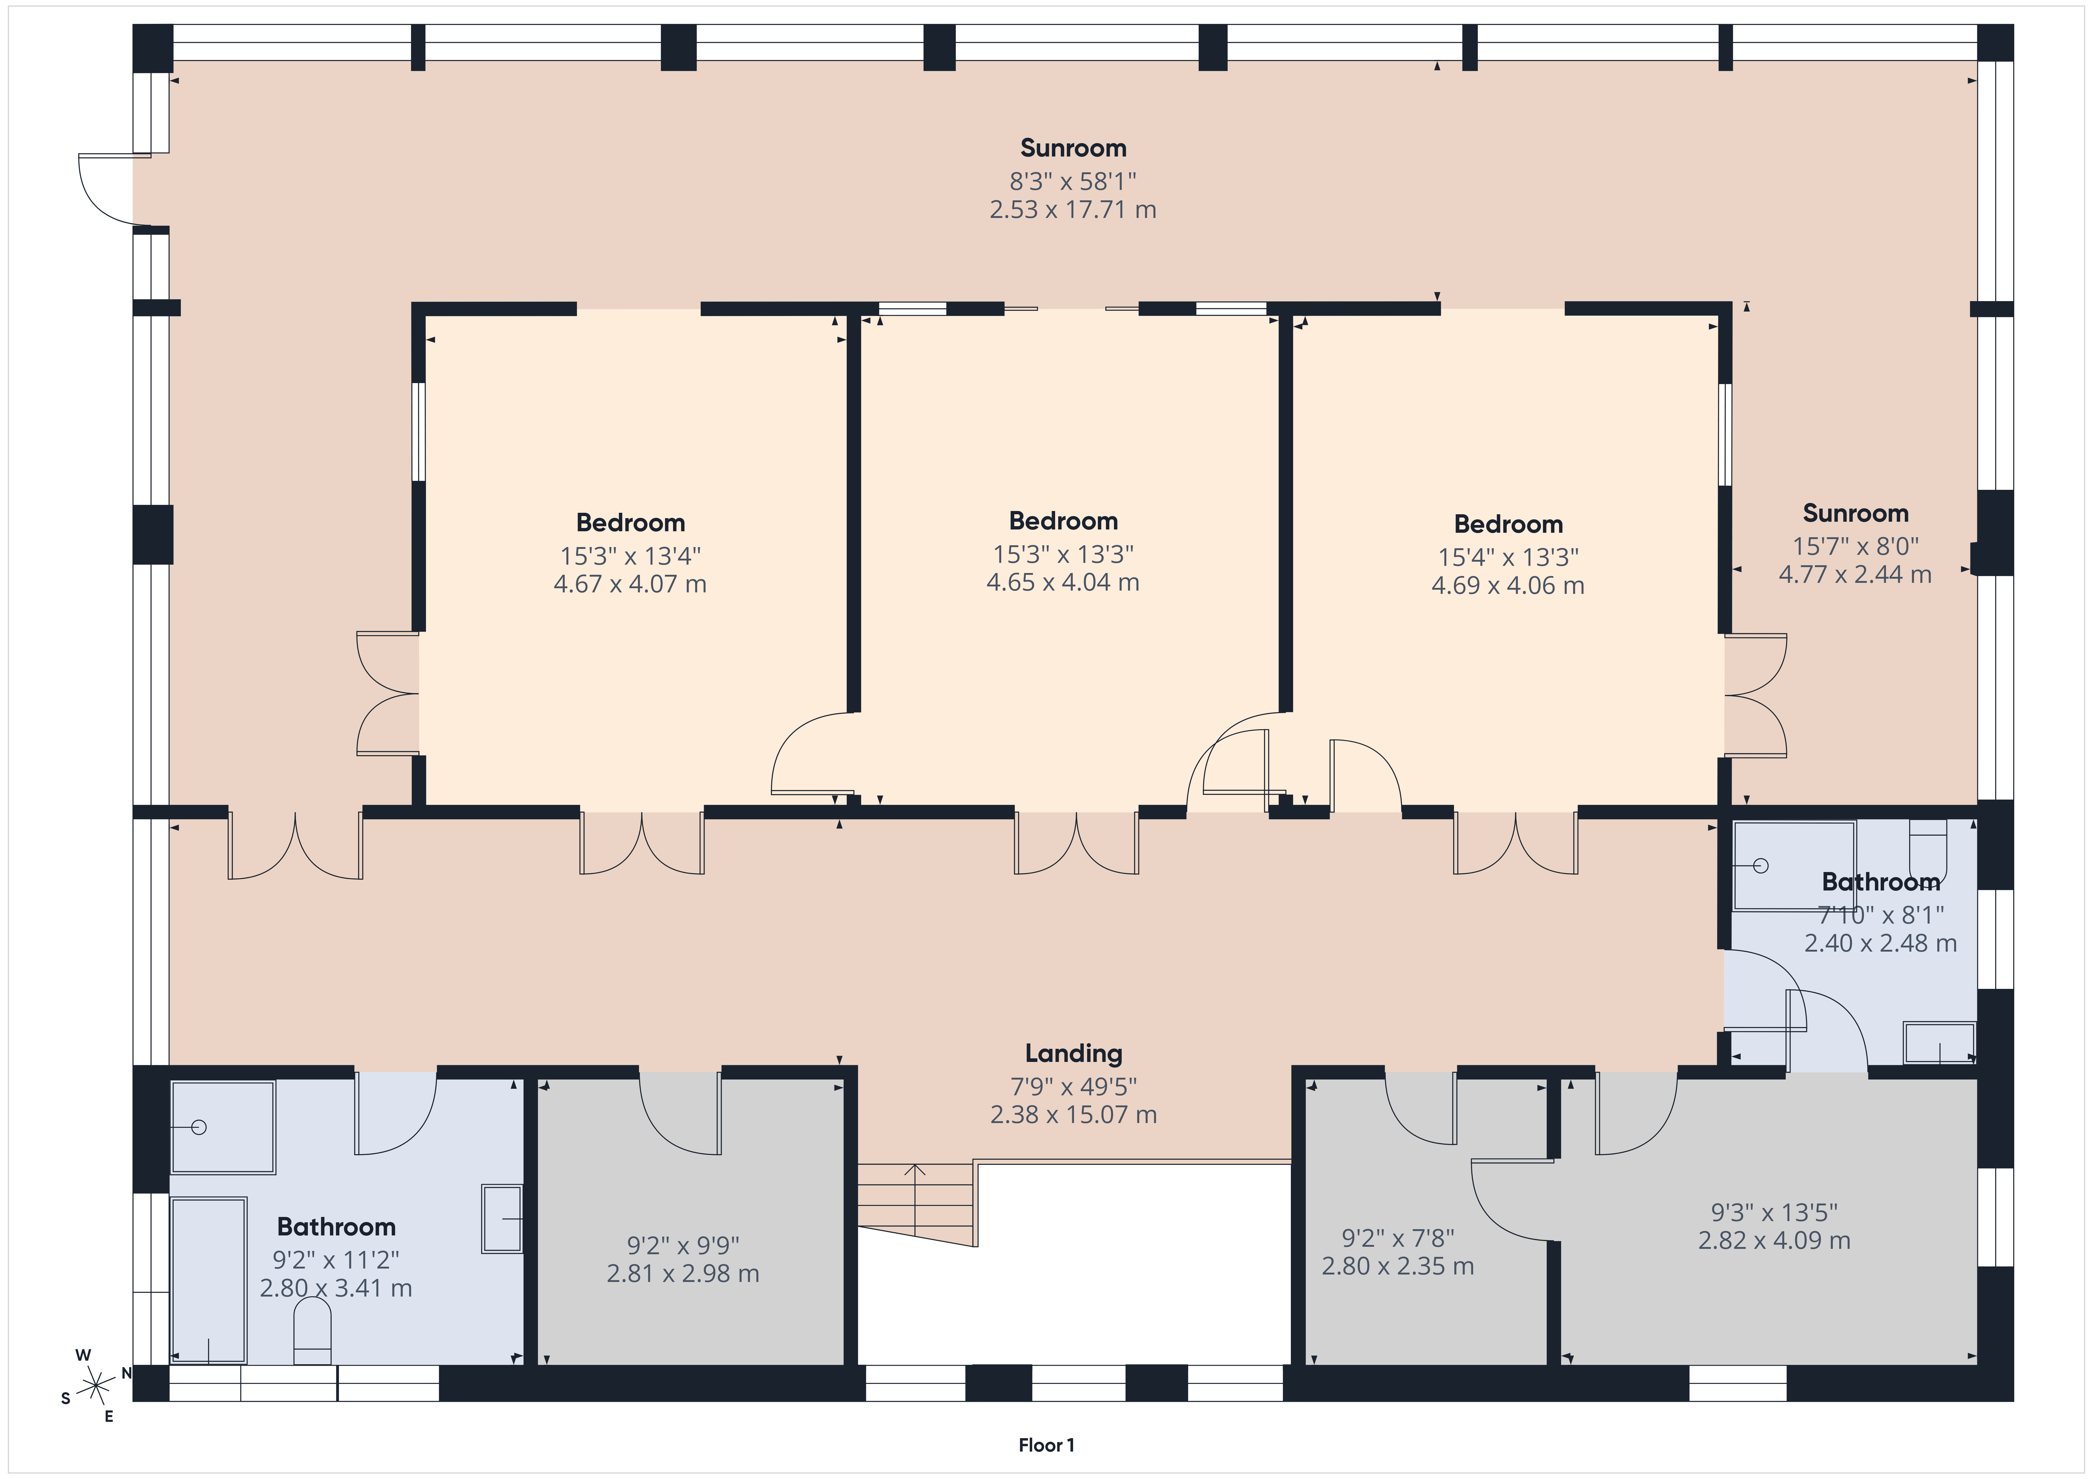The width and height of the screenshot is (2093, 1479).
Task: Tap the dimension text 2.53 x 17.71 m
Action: [x=1073, y=210]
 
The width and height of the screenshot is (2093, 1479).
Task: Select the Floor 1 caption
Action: [x=1046, y=1445]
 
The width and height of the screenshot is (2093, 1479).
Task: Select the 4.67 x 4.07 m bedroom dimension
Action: [x=630, y=584]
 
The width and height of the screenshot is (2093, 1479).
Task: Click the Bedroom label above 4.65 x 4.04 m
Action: [x=1063, y=521]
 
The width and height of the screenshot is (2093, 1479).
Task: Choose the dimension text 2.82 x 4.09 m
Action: [x=1774, y=1240]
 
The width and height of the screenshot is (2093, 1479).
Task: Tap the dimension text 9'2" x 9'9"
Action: [x=683, y=1245]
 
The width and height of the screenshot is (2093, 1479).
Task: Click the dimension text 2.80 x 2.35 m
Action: [x=1397, y=1266]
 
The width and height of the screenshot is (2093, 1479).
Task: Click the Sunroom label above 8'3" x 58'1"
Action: [x=1073, y=148]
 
